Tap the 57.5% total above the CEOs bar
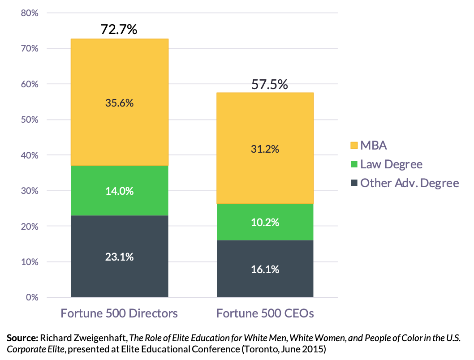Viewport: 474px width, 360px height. tap(269, 84)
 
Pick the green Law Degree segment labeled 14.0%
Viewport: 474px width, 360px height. tap(119, 191)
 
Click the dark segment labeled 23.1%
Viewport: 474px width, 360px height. tap(119, 257)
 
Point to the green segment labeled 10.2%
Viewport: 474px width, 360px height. tap(265, 222)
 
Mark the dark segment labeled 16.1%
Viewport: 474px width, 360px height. tap(265, 269)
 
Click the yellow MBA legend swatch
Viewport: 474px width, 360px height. tap(354, 146)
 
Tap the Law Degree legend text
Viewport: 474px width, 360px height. tap(391, 164)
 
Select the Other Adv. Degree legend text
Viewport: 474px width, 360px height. tap(409, 183)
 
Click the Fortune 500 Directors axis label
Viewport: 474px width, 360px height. tap(119, 313)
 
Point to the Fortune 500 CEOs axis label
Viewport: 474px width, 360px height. tap(265, 313)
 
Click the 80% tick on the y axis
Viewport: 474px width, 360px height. tap(30, 13)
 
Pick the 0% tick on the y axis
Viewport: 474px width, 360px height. tap(32, 297)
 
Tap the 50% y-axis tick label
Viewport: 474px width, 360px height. tap(30, 120)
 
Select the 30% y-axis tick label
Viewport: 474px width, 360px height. tap(30, 191)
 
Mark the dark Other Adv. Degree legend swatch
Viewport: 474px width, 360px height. tap(354, 183)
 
